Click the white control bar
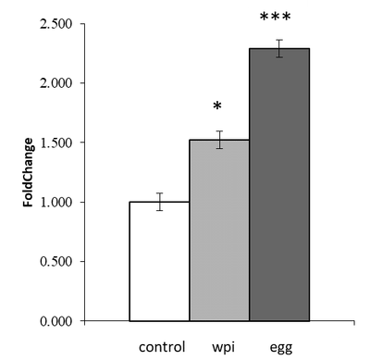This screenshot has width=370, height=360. pyautogui.click(x=159, y=261)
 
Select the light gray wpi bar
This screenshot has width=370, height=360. pyautogui.click(x=219, y=230)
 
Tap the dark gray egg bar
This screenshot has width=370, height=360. pyautogui.click(x=279, y=185)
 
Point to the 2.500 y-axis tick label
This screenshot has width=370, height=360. pyautogui.click(x=55, y=24)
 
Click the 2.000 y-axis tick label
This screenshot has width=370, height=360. pyautogui.click(x=55, y=83)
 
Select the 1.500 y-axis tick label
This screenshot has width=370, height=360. pyautogui.click(x=55, y=143)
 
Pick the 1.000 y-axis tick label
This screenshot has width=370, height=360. pyautogui.click(x=55, y=203)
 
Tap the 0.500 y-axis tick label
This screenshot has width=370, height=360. pyautogui.click(x=55, y=262)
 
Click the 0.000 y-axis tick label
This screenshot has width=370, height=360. pyautogui.click(x=55, y=321)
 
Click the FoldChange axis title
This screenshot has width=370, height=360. pyautogui.click(x=28, y=172)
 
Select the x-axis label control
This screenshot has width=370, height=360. pyautogui.click(x=162, y=347)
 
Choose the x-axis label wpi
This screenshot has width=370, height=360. pyautogui.click(x=224, y=348)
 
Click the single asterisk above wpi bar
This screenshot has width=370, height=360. pyautogui.click(x=217, y=106)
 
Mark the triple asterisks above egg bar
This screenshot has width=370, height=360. pyautogui.click(x=275, y=17)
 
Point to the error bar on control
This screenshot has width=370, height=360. pyautogui.click(x=159, y=202)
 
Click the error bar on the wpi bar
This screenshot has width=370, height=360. pyautogui.click(x=219, y=140)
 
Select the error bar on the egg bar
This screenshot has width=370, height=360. pyautogui.click(x=279, y=48)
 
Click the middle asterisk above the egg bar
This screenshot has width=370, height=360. pyautogui.click(x=275, y=17)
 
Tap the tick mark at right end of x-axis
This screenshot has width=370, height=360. pyautogui.click(x=354, y=323)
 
